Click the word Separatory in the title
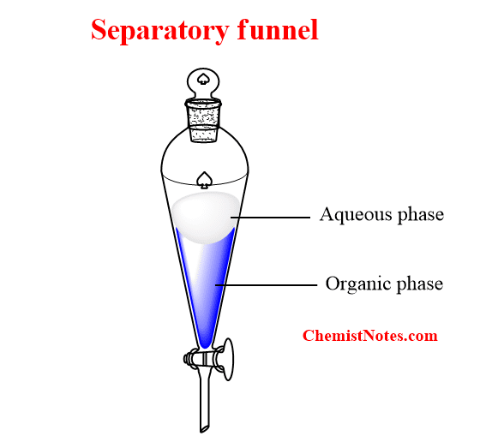[159, 31]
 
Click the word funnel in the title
[278, 29]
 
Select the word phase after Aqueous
[421, 214]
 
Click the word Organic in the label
[357, 284]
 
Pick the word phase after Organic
[419, 284]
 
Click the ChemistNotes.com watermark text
[370, 336]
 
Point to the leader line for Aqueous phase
[270, 218]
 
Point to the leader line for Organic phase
[266, 285]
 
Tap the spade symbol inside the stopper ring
[203, 79]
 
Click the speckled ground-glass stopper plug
[203, 121]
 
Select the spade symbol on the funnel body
[204, 180]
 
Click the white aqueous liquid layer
[205, 216]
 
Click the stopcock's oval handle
[228, 359]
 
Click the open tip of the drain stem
[204, 429]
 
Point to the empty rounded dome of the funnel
[204, 154]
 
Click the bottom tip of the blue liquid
[205, 348]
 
